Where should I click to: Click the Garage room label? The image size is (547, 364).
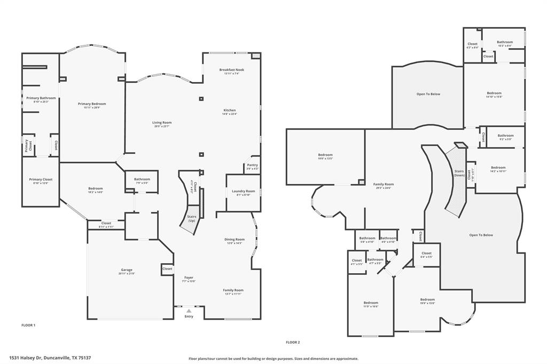[127, 271]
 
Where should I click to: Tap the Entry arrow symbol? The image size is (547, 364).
[189, 310]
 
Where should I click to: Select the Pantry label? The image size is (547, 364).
[252, 167]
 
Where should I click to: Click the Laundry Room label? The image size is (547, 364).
[243, 192]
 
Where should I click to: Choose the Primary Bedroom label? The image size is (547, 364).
[92, 105]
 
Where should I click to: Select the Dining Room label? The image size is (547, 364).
[234, 241]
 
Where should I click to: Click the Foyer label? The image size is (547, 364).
[189, 279]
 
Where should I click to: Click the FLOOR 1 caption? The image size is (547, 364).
[28, 325]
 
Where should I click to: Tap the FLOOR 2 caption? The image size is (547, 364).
[293, 342]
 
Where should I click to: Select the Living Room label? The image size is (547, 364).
[161, 124]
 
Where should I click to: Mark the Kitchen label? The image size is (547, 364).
[229, 112]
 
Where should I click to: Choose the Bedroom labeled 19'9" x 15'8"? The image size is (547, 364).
[427, 301]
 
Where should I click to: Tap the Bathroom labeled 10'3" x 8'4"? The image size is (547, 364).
[504, 44]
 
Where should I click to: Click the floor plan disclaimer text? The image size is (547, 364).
[273, 359]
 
